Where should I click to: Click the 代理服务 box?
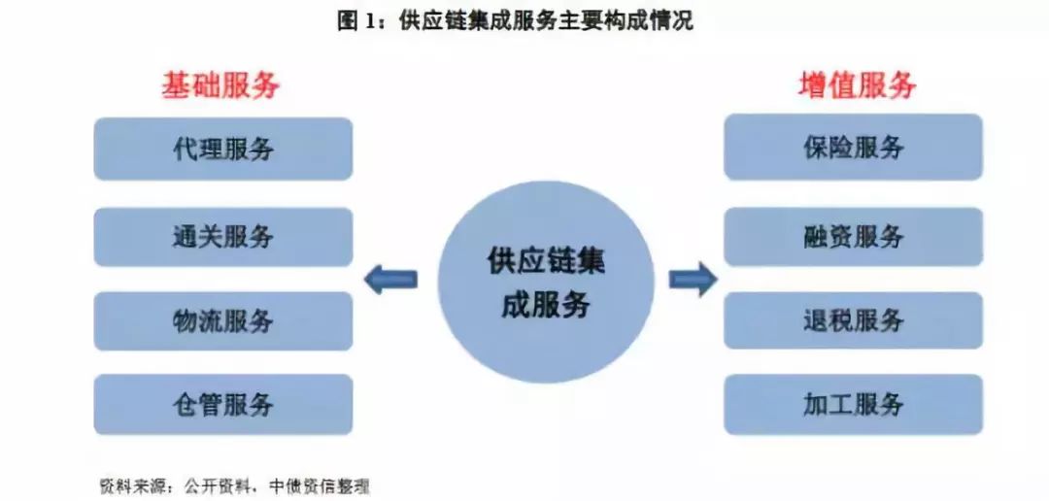[x=222, y=149]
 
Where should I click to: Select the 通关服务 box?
[x=222, y=237]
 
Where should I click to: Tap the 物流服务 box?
[x=222, y=321]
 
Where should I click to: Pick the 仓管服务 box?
[x=222, y=404]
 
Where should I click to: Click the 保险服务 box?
[x=853, y=148]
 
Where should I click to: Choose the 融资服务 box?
[x=853, y=237]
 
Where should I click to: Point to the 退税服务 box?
[x=853, y=320]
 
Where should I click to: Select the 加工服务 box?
[x=853, y=404]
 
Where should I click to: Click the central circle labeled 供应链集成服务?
[x=545, y=282]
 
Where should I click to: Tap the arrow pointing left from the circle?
[x=390, y=279]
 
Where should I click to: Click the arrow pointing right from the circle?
[x=694, y=279]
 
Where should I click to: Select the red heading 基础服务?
[x=220, y=86]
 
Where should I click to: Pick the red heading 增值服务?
[x=857, y=85]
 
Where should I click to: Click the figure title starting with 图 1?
[x=515, y=20]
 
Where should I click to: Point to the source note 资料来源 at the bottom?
[x=233, y=485]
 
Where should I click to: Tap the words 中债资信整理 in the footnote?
[x=319, y=485]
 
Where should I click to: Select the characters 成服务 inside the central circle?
[x=545, y=305]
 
